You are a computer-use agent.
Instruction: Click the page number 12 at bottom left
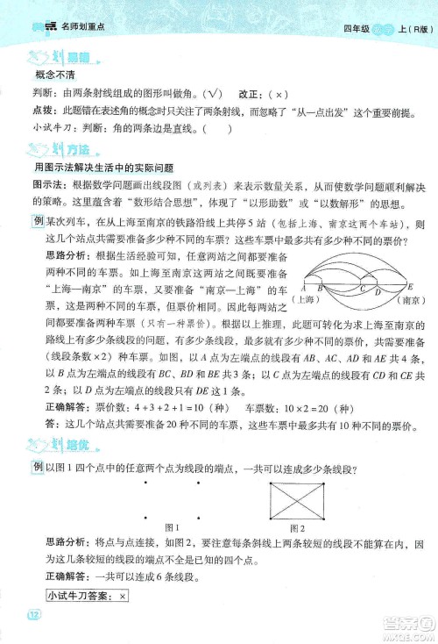click(x=33, y=612)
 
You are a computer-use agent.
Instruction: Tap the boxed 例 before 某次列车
click(x=38, y=223)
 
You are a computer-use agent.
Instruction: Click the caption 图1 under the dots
click(x=173, y=527)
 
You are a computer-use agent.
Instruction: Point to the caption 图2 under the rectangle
click(x=296, y=527)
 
